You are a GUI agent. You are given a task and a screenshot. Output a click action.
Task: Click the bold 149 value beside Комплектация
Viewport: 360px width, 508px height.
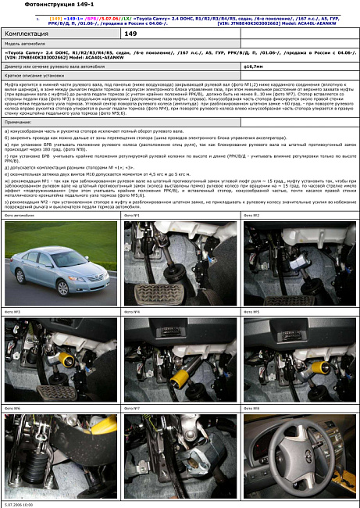(x=130, y=35)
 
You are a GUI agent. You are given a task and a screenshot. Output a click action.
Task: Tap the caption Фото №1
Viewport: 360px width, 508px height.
(x=132, y=215)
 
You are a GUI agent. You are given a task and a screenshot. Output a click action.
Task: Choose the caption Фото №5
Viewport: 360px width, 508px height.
(x=251, y=312)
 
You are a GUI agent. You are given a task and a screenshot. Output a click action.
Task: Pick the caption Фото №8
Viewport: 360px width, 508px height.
(x=251, y=408)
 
